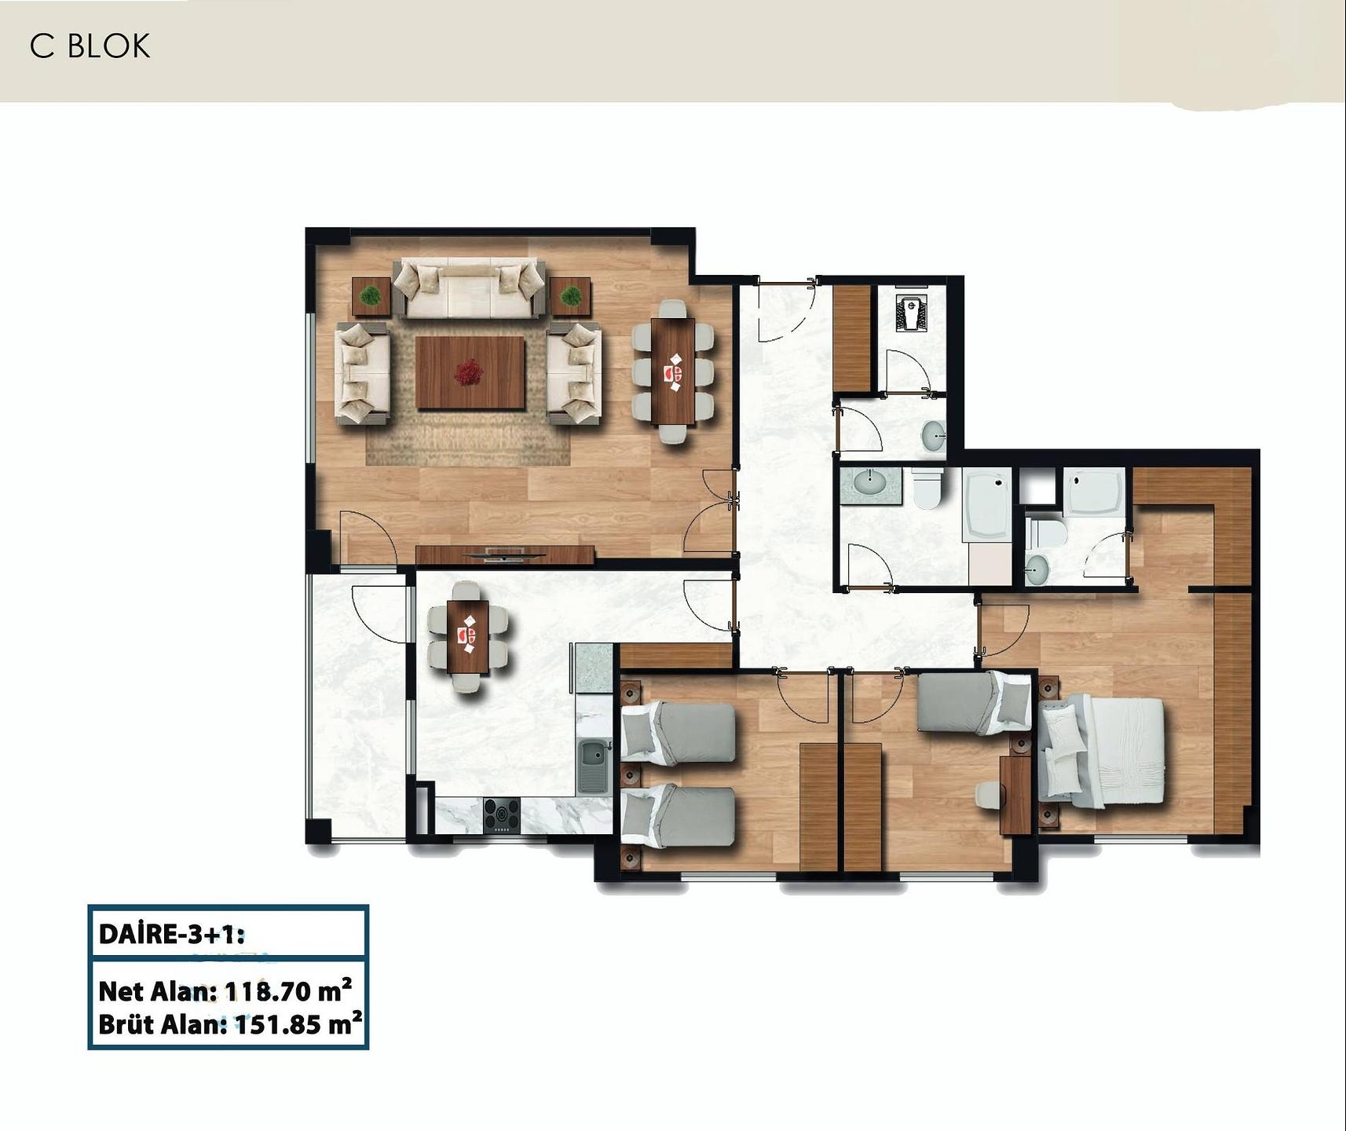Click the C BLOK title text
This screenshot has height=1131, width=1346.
(x=90, y=46)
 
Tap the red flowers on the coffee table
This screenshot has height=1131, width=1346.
(x=470, y=371)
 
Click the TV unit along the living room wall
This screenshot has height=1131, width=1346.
(x=505, y=555)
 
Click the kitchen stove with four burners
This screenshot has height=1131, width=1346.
(x=501, y=814)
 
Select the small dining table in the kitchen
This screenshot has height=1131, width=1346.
(x=468, y=636)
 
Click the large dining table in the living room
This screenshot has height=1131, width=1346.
(x=674, y=371)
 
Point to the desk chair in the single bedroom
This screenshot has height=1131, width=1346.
(x=989, y=795)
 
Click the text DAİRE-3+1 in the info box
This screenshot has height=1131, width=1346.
(x=172, y=935)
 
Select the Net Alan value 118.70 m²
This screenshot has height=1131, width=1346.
(x=287, y=991)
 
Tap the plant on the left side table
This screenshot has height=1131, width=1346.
(x=371, y=297)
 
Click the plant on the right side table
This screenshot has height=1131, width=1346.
(x=571, y=297)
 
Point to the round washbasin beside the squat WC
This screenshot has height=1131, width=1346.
(x=934, y=436)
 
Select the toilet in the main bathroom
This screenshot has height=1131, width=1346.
(x=927, y=489)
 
